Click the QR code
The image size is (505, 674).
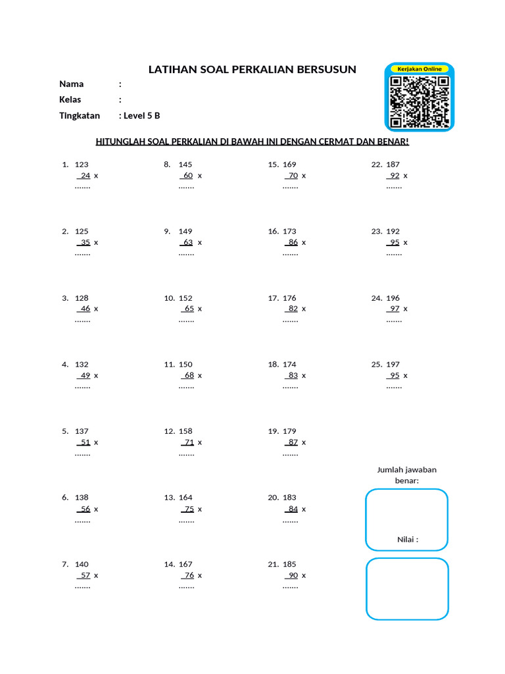pyautogui.click(x=419, y=101)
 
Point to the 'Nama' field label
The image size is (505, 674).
pyautogui.click(x=71, y=84)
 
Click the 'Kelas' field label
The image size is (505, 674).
pyautogui.click(x=70, y=100)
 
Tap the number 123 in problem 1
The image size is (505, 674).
pyautogui.click(x=82, y=165)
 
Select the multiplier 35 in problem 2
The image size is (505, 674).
pyautogui.click(x=85, y=242)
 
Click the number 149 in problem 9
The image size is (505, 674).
pyautogui.click(x=185, y=231)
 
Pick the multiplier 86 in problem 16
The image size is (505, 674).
pyautogui.click(x=293, y=242)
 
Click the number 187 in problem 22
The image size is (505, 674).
pyautogui.click(x=393, y=165)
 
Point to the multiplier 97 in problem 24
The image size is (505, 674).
pyautogui.click(x=394, y=309)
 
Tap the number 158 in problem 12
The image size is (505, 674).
pyautogui.click(x=185, y=431)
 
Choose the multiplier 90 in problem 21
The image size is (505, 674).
pyautogui.click(x=293, y=575)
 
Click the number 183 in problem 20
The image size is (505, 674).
pyautogui.click(x=289, y=498)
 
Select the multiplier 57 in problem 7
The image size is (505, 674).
pyautogui.click(x=85, y=575)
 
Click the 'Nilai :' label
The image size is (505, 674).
pyautogui.click(x=408, y=540)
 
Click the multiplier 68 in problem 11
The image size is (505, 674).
pyautogui.click(x=189, y=376)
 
